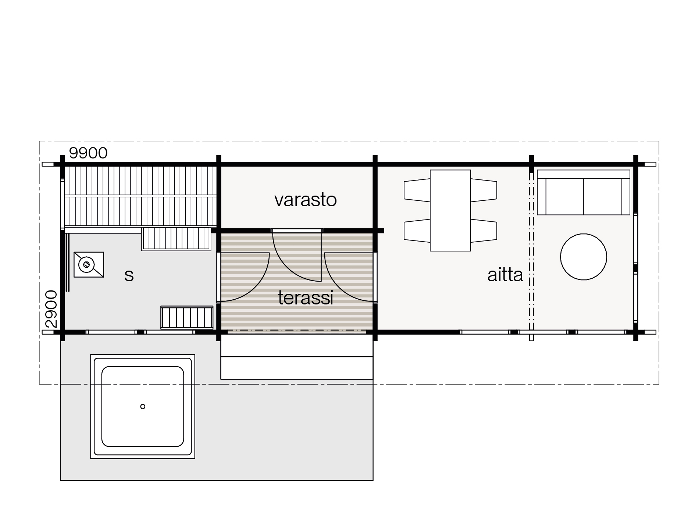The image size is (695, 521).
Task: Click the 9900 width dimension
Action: click(88, 153)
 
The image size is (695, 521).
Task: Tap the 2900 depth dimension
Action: click(51, 309)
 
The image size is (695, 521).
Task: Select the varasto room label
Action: click(306, 200)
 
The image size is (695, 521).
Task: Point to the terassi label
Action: click(306, 298)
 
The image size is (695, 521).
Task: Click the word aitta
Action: click(505, 275)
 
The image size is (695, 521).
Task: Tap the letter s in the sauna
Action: click(129, 275)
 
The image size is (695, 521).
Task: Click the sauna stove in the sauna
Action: click(89, 264)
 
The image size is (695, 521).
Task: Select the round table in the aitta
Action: click(583, 257)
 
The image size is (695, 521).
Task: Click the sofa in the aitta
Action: click(584, 192)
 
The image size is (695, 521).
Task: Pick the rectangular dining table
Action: click(450, 210)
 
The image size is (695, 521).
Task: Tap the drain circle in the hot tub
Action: click(143, 406)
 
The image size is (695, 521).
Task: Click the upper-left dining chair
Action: click(417, 190)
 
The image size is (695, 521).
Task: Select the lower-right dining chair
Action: click(484, 231)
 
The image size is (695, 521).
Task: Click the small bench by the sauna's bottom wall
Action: click(187, 317)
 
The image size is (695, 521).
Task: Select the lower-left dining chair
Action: click(417, 231)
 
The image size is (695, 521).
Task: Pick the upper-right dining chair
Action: click(484, 190)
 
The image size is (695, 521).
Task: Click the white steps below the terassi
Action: click(297, 357)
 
